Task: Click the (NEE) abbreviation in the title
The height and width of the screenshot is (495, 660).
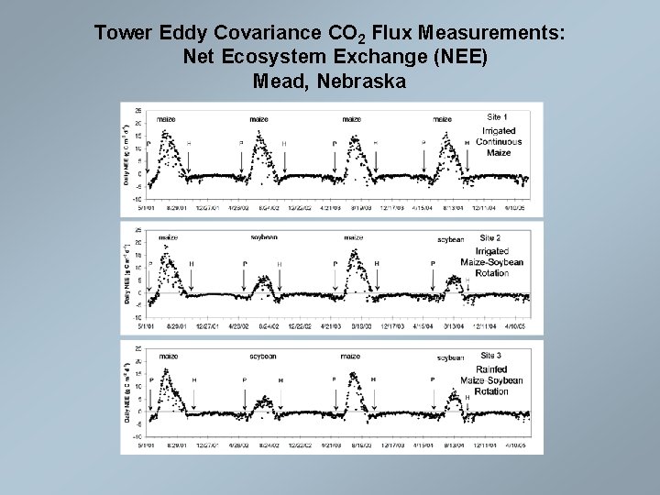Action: tap(461, 58)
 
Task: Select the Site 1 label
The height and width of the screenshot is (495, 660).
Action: tap(497, 117)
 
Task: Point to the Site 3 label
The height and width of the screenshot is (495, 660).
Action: tap(491, 355)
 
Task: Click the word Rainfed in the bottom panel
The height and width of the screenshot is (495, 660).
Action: tap(490, 369)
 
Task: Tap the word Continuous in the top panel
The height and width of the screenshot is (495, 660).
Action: tap(499, 142)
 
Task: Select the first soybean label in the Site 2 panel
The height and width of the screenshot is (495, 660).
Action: tap(264, 237)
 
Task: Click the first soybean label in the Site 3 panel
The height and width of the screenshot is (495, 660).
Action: tap(263, 357)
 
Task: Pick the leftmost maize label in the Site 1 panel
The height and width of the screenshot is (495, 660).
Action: tap(166, 119)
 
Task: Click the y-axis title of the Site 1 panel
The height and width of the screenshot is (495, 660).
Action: tap(126, 152)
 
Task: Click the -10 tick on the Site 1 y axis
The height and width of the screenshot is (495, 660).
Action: tap(137, 199)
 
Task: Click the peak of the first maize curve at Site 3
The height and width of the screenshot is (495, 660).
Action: tap(166, 370)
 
